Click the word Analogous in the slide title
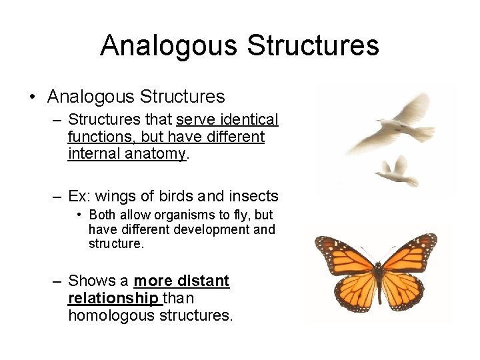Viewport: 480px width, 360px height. click(x=168, y=45)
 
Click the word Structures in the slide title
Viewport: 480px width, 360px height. click(x=313, y=45)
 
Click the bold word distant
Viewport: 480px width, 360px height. click(x=203, y=281)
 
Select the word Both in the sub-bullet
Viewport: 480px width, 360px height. click(x=101, y=215)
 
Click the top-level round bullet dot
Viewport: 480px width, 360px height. click(x=32, y=97)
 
